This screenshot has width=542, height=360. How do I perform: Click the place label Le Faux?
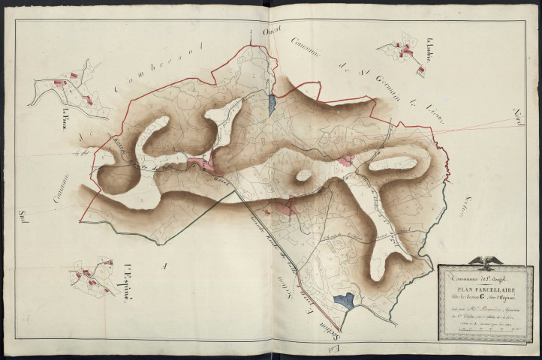click(x=57, y=117)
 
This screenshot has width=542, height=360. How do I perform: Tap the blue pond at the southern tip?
click(x=342, y=301)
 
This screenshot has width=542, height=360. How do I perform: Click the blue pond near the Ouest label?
click(x=272, y=104)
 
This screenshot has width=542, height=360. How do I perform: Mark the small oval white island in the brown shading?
click(x=303, y=175)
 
